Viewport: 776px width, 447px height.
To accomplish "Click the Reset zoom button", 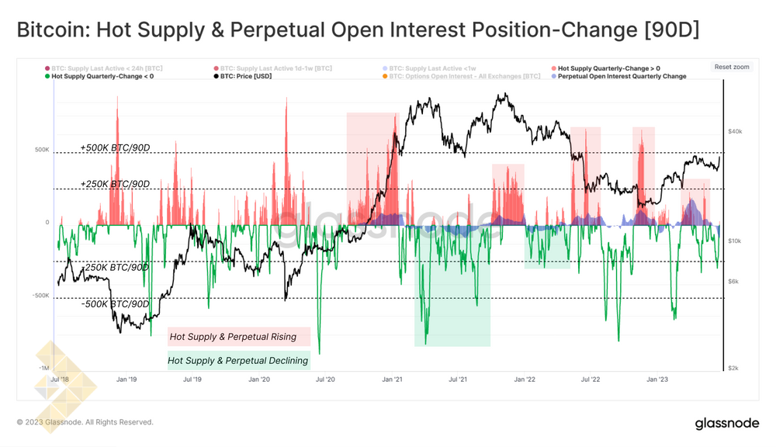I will tap(732, 68).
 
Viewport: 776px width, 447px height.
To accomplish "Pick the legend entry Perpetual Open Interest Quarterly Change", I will tap(622, 77).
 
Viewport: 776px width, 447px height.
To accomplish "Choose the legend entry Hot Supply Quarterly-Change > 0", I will tap(608, 68).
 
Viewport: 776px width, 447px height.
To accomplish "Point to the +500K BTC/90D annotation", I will tap(115, 147).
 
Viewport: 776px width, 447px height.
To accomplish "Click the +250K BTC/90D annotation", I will tap(115, 184).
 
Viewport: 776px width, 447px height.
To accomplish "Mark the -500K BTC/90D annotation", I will tap(115, 303).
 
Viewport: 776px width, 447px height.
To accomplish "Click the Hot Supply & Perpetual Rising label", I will tap(233, 337).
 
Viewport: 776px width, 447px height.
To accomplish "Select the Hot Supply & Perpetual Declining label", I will tap(238, 360).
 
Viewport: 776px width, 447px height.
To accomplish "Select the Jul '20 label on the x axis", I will tap(325, 380).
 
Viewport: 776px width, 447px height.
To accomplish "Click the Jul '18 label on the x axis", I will tap(60, 380).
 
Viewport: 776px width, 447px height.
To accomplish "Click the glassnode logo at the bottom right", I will tap(727, 423).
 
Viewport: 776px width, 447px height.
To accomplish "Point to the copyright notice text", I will tap(85, 422).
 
